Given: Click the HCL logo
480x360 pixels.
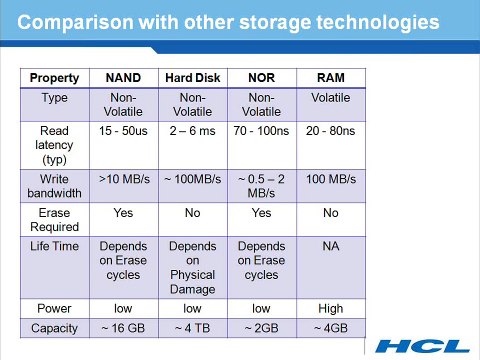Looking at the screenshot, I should [x=421, y=347].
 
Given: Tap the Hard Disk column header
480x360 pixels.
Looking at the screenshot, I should [x=192, y=77].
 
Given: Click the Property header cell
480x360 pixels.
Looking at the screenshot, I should [x=55, y=77].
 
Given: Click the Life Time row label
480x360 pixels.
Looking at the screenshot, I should [x=55, y=246].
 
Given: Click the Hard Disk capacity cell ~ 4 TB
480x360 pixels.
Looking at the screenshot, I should [x=192, y=328].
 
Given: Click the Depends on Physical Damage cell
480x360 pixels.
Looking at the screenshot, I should [x=192, y=267].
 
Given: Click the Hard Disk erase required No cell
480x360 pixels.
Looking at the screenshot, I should [x=192, y=213].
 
